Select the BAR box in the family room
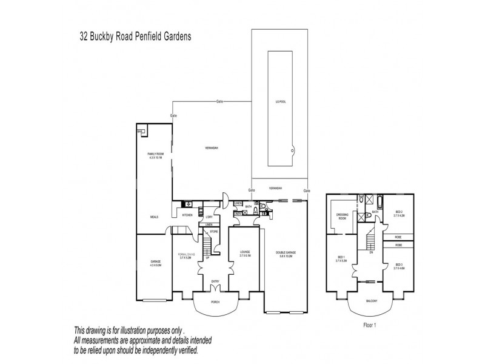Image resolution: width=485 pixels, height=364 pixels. click(140, 131)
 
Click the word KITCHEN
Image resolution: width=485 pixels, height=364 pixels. click(187, 215)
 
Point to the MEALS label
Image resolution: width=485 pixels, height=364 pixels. click(155, 216)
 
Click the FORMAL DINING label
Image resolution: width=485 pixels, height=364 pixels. click(186, 255)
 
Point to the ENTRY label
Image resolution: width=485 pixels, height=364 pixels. click(215, 280)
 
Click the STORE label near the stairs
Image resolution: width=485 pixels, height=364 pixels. click(214, 231)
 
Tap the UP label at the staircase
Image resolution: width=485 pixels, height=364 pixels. click(207, 257)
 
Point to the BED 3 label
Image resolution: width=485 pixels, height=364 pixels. click(398, 266)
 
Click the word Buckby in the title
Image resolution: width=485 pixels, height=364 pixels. click(107, 36)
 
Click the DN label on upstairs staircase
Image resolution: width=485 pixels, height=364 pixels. click(370, 253)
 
